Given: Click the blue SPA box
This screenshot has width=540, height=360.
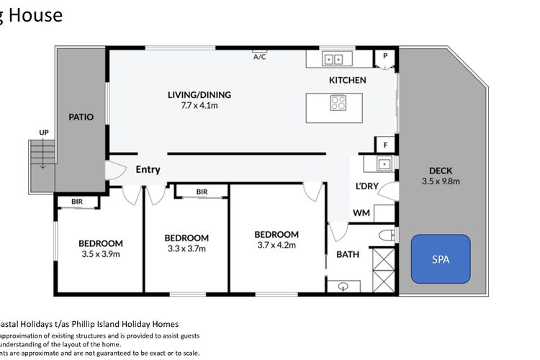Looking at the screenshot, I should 440,258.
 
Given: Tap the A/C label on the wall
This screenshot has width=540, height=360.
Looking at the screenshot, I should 259,57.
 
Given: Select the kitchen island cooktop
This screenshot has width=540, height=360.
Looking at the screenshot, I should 338,102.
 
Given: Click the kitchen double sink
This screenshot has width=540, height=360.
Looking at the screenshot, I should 333,60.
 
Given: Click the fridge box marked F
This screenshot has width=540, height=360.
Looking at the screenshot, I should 385,145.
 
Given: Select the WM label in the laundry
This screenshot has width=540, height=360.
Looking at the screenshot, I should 361,213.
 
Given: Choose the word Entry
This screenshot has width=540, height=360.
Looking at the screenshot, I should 148,170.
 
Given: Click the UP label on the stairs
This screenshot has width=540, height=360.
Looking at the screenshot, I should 44,133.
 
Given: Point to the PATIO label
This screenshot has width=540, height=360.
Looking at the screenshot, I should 81,117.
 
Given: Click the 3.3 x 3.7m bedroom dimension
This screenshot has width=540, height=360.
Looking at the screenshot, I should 186,248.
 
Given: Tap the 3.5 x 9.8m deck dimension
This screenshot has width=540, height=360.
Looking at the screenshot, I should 441,181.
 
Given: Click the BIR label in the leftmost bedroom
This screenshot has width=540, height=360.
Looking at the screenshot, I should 77,202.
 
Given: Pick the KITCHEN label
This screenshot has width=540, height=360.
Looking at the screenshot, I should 348,80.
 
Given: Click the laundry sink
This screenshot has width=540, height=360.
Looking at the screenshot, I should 384,164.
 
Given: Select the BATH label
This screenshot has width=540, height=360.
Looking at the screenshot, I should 348,253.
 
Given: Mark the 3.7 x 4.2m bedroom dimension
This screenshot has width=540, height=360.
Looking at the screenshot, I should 276,245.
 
